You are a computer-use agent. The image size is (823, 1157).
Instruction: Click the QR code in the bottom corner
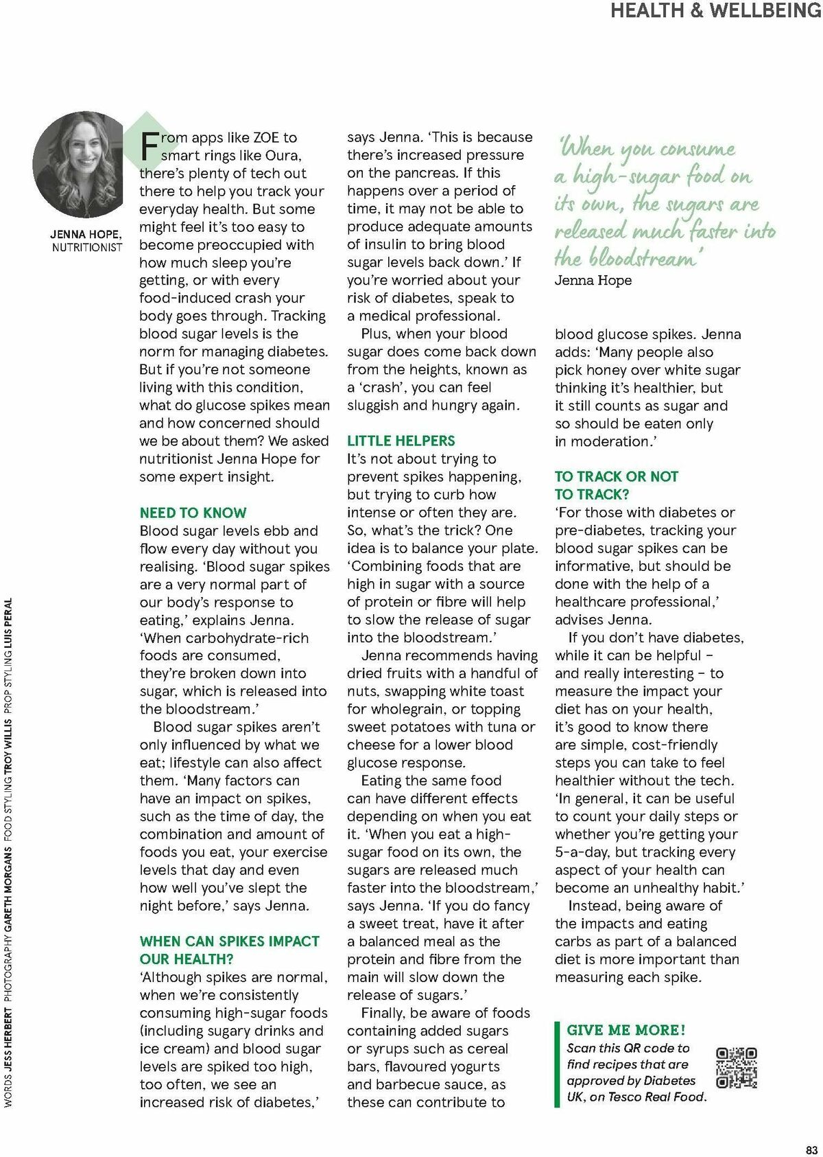(737, 1068)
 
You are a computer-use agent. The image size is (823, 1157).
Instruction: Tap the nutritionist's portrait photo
(78, 165)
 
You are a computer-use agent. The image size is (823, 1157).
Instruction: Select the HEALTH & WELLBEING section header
(715, 11)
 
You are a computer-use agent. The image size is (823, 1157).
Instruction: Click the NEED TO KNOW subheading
(193, 513)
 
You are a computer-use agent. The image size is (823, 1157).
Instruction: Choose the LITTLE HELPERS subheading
(401, 441)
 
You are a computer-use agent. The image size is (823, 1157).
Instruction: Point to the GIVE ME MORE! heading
(625, 1030)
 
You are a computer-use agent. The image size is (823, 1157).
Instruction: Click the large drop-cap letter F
(150, 145)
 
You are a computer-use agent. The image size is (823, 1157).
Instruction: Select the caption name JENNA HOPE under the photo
(86, 235)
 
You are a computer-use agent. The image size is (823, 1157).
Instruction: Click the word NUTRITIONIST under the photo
(87, 247)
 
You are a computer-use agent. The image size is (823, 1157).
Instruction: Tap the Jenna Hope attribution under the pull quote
(593, 280)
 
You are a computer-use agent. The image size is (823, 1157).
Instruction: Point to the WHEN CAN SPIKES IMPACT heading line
(229, 942)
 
